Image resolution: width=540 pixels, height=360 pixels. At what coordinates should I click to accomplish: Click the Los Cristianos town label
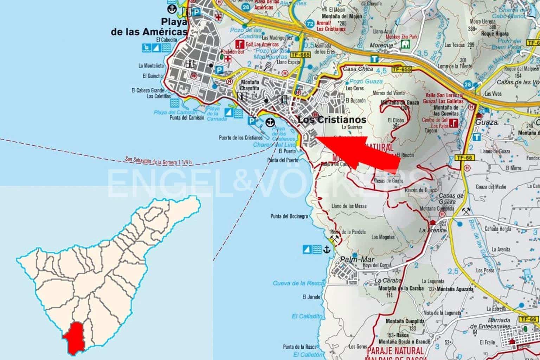(332, 120)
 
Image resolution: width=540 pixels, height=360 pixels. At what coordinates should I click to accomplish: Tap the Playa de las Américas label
(149, 26)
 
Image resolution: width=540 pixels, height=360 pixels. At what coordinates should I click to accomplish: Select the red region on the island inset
(75, 337)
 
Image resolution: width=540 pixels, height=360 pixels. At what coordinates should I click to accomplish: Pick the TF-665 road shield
(301, 55)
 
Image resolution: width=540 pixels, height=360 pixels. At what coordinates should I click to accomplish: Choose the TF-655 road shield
(401, 69)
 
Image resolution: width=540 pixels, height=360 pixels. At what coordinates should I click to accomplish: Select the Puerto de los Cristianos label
(240, 137)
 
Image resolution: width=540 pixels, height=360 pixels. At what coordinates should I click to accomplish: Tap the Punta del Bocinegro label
(289, 216)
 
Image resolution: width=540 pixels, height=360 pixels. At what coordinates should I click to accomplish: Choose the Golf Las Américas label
(262, 44)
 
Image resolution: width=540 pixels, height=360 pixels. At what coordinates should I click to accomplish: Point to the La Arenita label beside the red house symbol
(432, 230)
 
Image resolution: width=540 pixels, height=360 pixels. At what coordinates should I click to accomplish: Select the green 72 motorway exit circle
(310, 24)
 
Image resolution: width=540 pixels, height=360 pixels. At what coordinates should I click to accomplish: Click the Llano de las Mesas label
(349, 206)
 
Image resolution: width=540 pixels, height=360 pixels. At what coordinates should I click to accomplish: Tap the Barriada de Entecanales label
(500, 323)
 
